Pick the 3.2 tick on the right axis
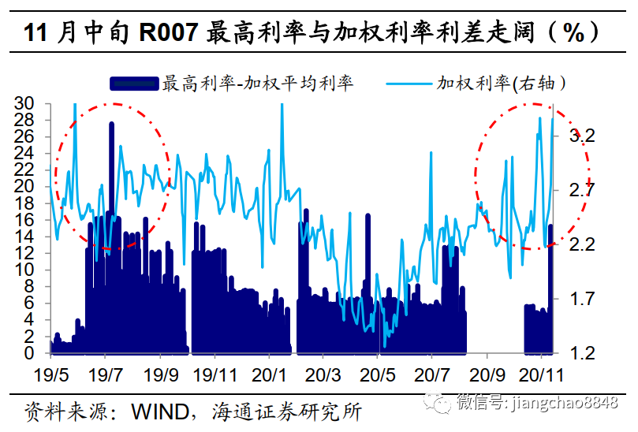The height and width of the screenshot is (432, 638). point(581,136)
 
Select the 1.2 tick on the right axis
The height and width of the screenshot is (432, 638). point(581,353)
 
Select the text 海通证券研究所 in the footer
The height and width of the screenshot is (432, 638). point(285,411)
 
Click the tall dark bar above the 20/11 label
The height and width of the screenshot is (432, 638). point(550,292)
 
